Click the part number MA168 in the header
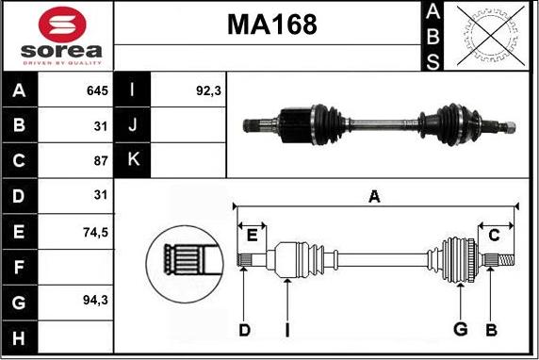coord(272,25)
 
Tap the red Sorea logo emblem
coord(62,25)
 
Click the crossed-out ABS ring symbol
coord(491,36)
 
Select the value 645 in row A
coord(98,90)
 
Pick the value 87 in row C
coord(101,160)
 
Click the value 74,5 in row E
coord(95,233)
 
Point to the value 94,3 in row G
coord(95,301)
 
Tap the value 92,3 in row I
coord(208,90)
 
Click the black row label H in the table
coord(19,337)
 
